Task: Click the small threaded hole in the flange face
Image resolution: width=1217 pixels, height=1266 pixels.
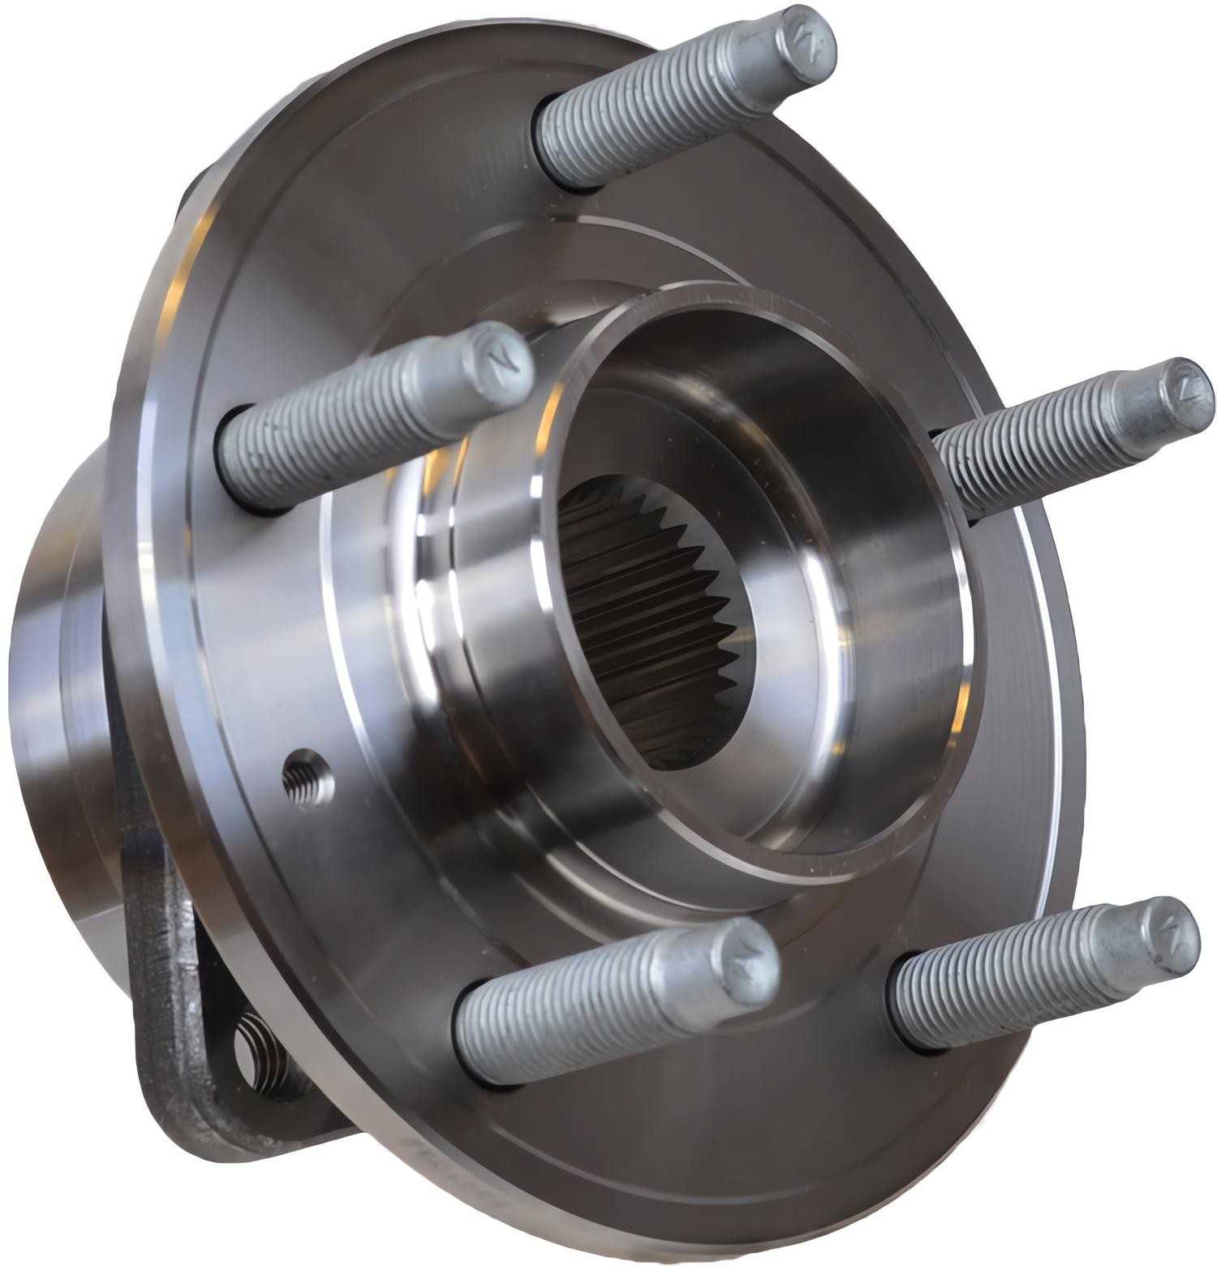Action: point(308,777)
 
